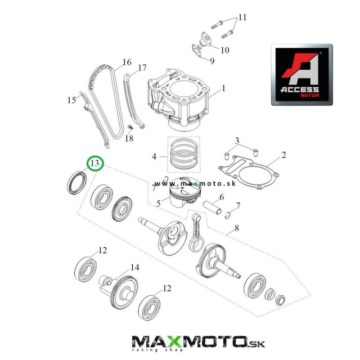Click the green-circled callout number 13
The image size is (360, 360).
point(95,163)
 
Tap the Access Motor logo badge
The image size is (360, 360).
point(301,75)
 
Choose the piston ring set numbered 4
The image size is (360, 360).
point(184,154)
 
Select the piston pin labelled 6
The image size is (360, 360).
point(212,207)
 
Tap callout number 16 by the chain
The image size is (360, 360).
point(127,62)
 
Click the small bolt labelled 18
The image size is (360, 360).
point(130,127)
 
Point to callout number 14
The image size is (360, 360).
point(135,267)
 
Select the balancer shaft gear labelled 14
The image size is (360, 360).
point(118,292)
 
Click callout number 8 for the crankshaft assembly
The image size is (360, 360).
point(237,228)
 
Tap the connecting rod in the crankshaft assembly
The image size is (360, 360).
point(196,231)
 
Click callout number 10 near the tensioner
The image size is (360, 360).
point(225,50)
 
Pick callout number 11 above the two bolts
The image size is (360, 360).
point(243,17)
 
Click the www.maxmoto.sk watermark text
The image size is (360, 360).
point(195,184)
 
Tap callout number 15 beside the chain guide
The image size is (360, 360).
point(72,100)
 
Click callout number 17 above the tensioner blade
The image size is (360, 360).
point(142,68)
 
